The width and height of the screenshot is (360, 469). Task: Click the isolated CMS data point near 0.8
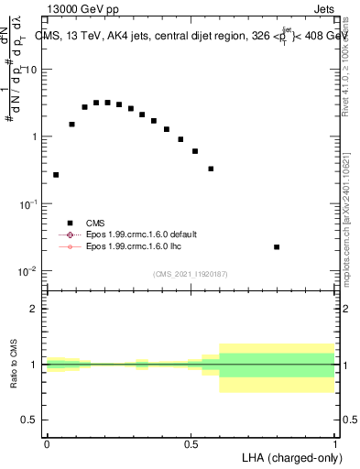277,247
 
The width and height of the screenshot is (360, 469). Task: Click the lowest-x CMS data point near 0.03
56,174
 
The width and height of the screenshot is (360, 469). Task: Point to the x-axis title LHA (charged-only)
288,456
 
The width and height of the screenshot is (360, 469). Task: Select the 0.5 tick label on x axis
191,444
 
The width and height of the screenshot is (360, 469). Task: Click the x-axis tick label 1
335,444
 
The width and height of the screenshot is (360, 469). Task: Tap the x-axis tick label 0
47,444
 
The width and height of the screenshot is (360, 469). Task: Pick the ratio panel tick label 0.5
31,420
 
